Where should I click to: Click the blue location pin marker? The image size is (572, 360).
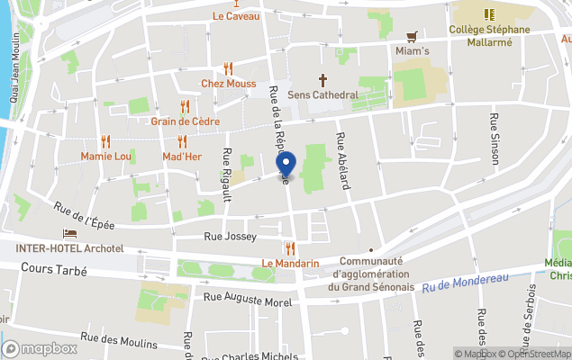[x=286, y=166]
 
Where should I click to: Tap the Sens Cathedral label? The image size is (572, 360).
[x=322, y=94]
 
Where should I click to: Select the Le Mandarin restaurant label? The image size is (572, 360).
[x=291, y=263]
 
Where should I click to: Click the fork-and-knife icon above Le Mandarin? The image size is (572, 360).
[x=290, y=248]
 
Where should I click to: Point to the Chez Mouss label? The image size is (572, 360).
[x=228, y=84]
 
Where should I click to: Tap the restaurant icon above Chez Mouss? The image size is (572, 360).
[x=228, y=68]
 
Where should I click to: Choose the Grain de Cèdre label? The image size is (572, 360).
[x=186, y=121]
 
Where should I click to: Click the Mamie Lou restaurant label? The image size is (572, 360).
[x=106, y=156]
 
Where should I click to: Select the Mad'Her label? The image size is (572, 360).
[x=181, y=156]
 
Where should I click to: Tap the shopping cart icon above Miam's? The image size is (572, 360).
[x=413, y=37]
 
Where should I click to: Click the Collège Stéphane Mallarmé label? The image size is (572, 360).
[x=490, y=29]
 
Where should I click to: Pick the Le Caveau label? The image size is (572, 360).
[x=236, y=16]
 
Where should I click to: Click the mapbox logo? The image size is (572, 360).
[x=40, y=348]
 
